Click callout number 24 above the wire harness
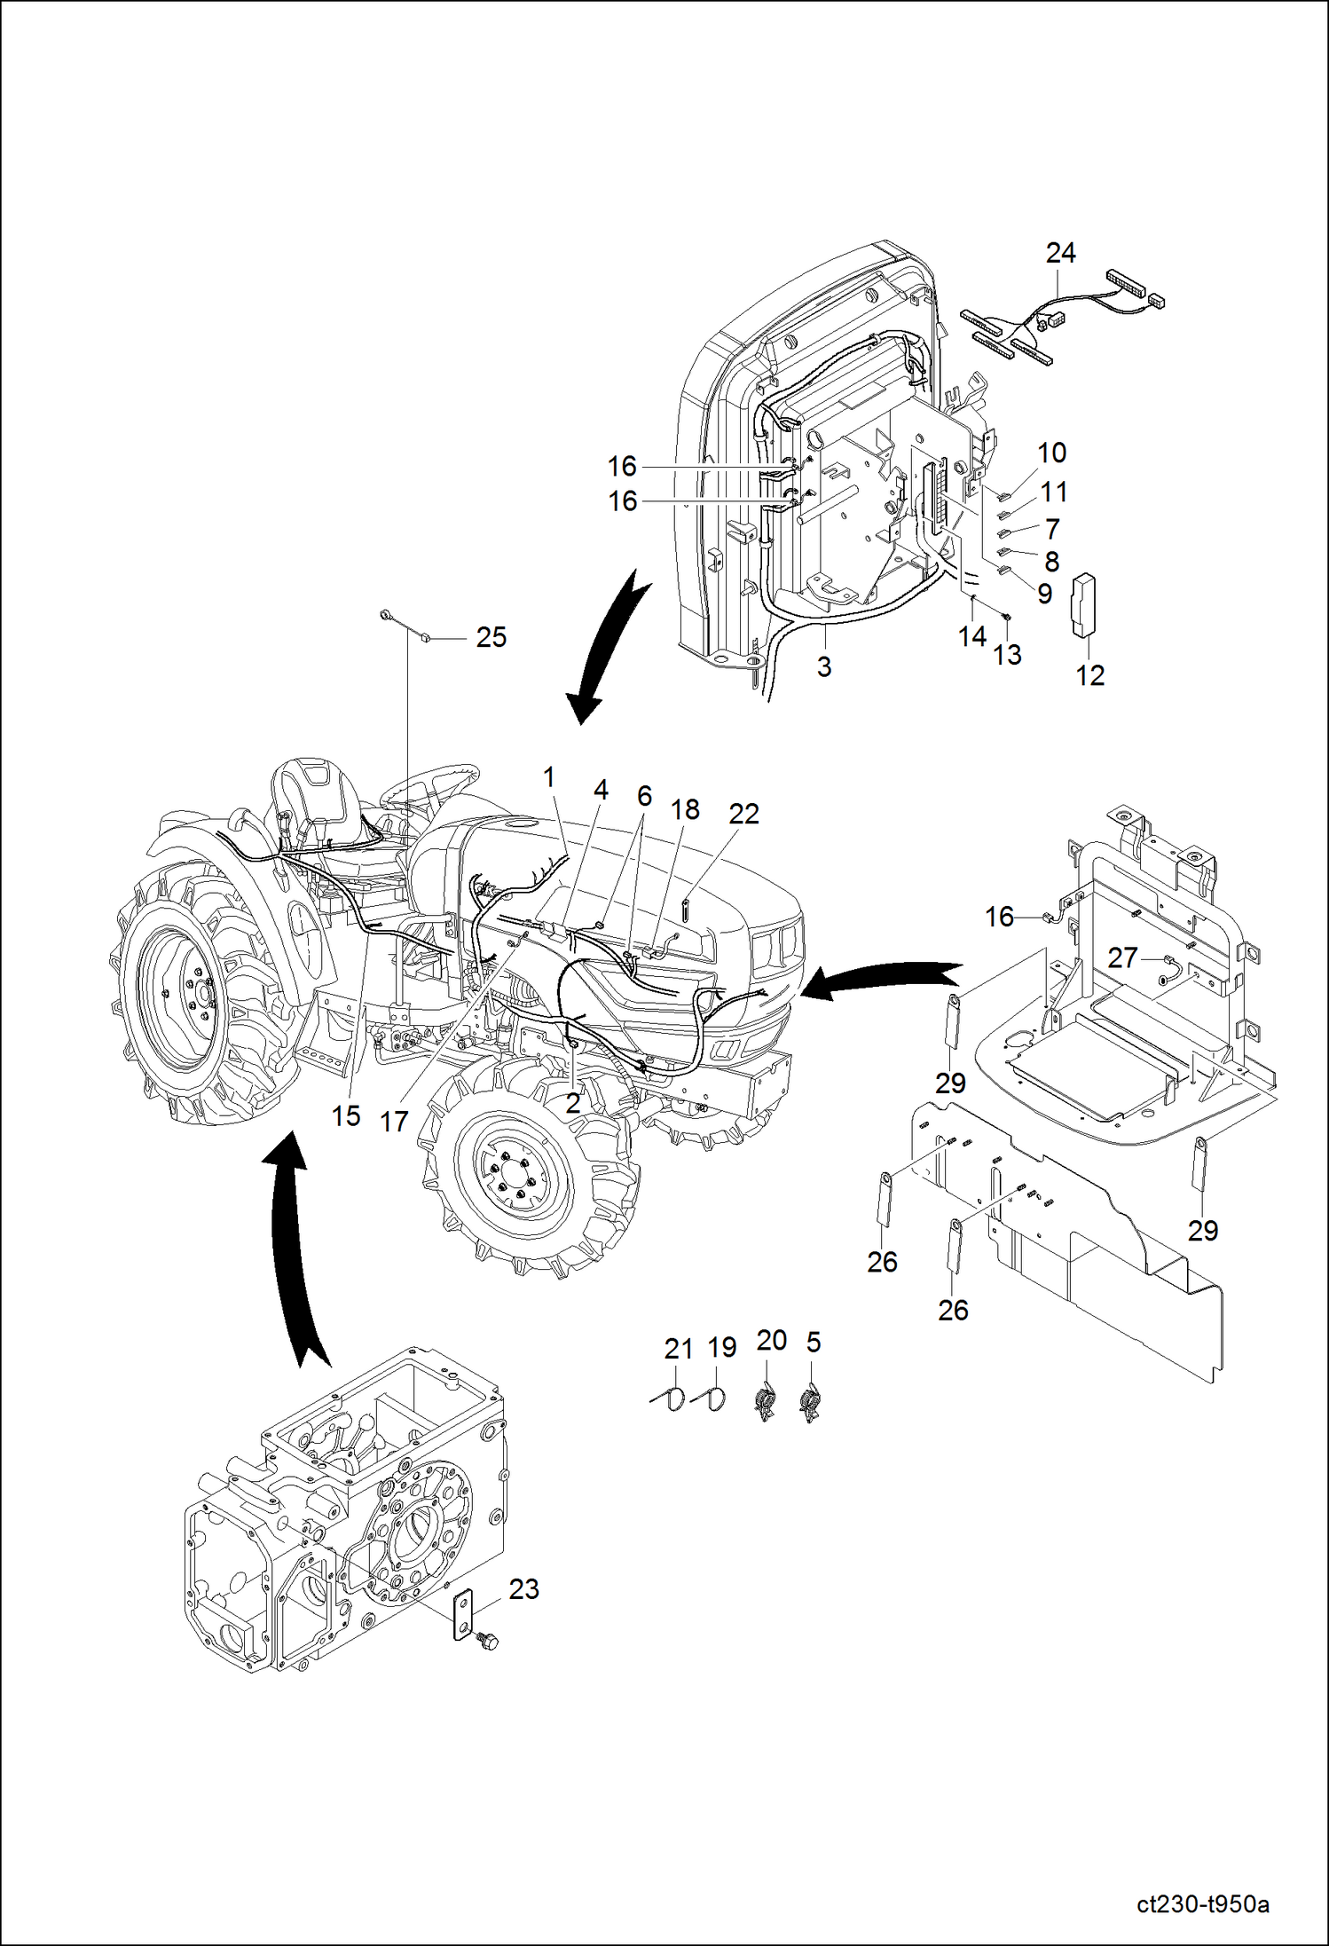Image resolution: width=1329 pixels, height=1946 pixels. point(1060,253)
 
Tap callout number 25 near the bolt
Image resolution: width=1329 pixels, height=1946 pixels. point(491,637)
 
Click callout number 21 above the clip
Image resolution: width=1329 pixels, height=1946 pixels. point(678,1349)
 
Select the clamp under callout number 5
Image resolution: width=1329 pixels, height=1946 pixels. point(809,1404)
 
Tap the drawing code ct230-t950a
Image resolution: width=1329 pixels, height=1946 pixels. point(1202,1905)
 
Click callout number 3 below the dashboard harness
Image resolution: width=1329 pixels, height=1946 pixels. point(824,666)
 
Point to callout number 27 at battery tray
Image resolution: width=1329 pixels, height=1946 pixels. point(1122,957)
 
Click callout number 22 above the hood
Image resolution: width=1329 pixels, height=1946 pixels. point(743,814)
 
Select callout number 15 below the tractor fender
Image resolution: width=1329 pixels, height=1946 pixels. point(346,1115)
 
